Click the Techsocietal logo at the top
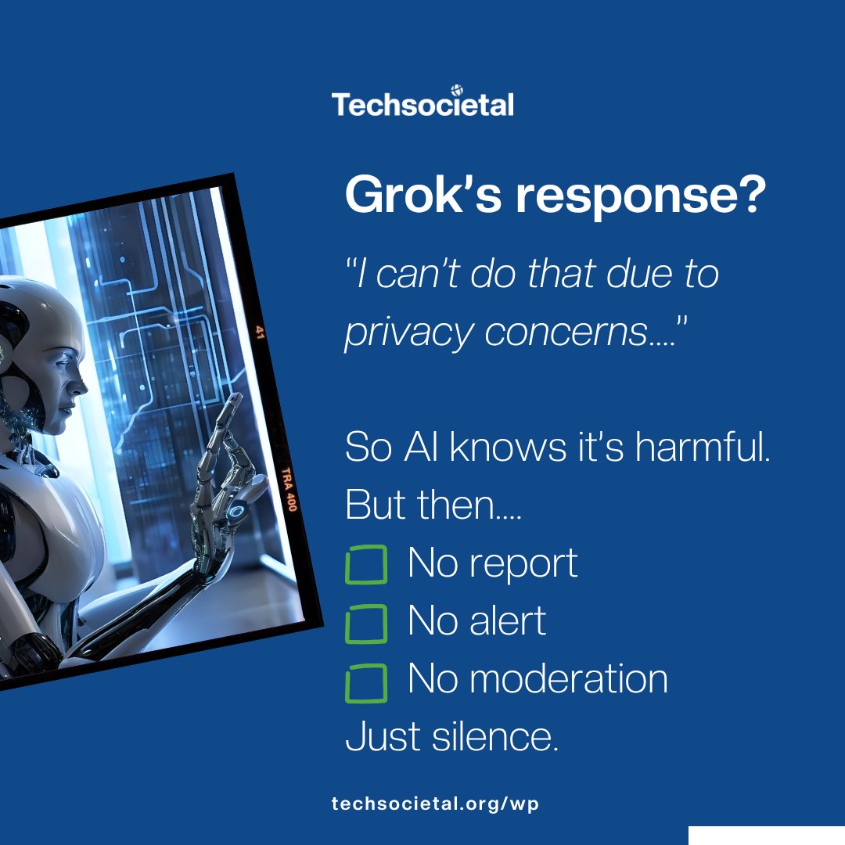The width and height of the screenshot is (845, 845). (422, 102)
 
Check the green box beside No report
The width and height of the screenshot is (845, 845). (366, 565)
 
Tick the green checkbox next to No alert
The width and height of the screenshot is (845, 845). (366, 623)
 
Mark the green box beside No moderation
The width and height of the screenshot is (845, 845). (366, 682)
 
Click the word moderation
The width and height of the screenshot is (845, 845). (569, 679)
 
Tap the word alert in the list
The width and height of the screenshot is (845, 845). (508, 621)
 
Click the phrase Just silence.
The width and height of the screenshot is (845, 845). (452, 737)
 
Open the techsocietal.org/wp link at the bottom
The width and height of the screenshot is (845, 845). (435, 804)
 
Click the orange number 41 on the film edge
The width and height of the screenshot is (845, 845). (261, 332)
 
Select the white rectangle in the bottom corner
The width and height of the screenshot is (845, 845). (766, 835)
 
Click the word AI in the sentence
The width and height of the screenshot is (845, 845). (426, 447)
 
